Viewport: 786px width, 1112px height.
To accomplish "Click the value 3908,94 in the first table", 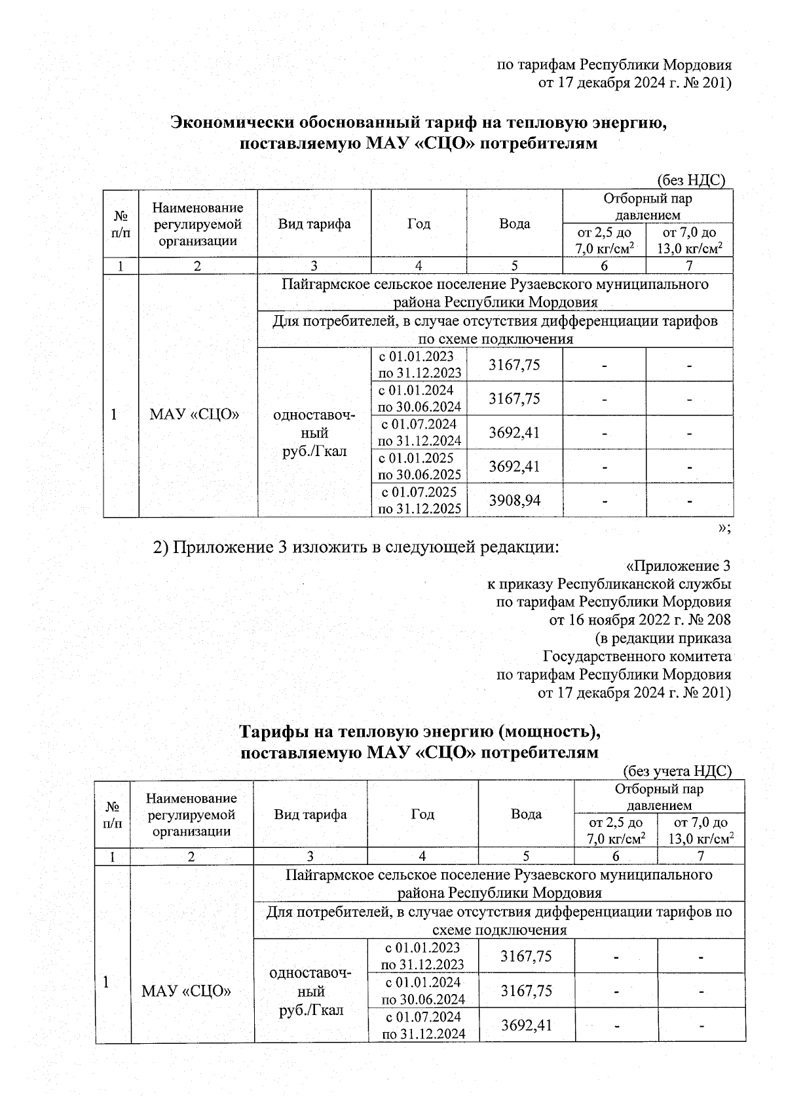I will pyautogui.click(x=514, y=501).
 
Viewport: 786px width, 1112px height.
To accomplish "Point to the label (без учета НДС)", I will pyautogui.click(x=677, y=771).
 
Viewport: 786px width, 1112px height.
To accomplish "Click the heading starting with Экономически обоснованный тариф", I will pyautogui.click(x=419, y=123).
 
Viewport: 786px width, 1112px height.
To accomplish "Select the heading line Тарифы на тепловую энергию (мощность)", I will pyautogui.click(x=420, y=731).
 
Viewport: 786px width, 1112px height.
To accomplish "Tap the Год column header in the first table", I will pyautogui.click(x=419, y=223).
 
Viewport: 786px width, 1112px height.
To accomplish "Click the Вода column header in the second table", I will pyautogui.click(x=526, y=815).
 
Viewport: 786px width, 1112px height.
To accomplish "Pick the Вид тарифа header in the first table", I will pyautogui.click(x=314, y=223).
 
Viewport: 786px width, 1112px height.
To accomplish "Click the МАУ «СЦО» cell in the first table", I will pyautogui.click(x=194, y=415).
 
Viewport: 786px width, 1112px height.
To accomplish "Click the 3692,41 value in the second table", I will pyautogui.click(x=526, y=1025).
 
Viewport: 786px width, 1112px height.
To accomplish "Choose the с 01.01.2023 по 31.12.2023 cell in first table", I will pyautogui.click(x=419, y=364).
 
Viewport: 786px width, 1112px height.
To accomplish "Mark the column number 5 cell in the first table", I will pyautogui.click(x=514, y=266).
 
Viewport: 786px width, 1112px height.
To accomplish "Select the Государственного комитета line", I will pyautogui.click(x=637, y=656).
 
